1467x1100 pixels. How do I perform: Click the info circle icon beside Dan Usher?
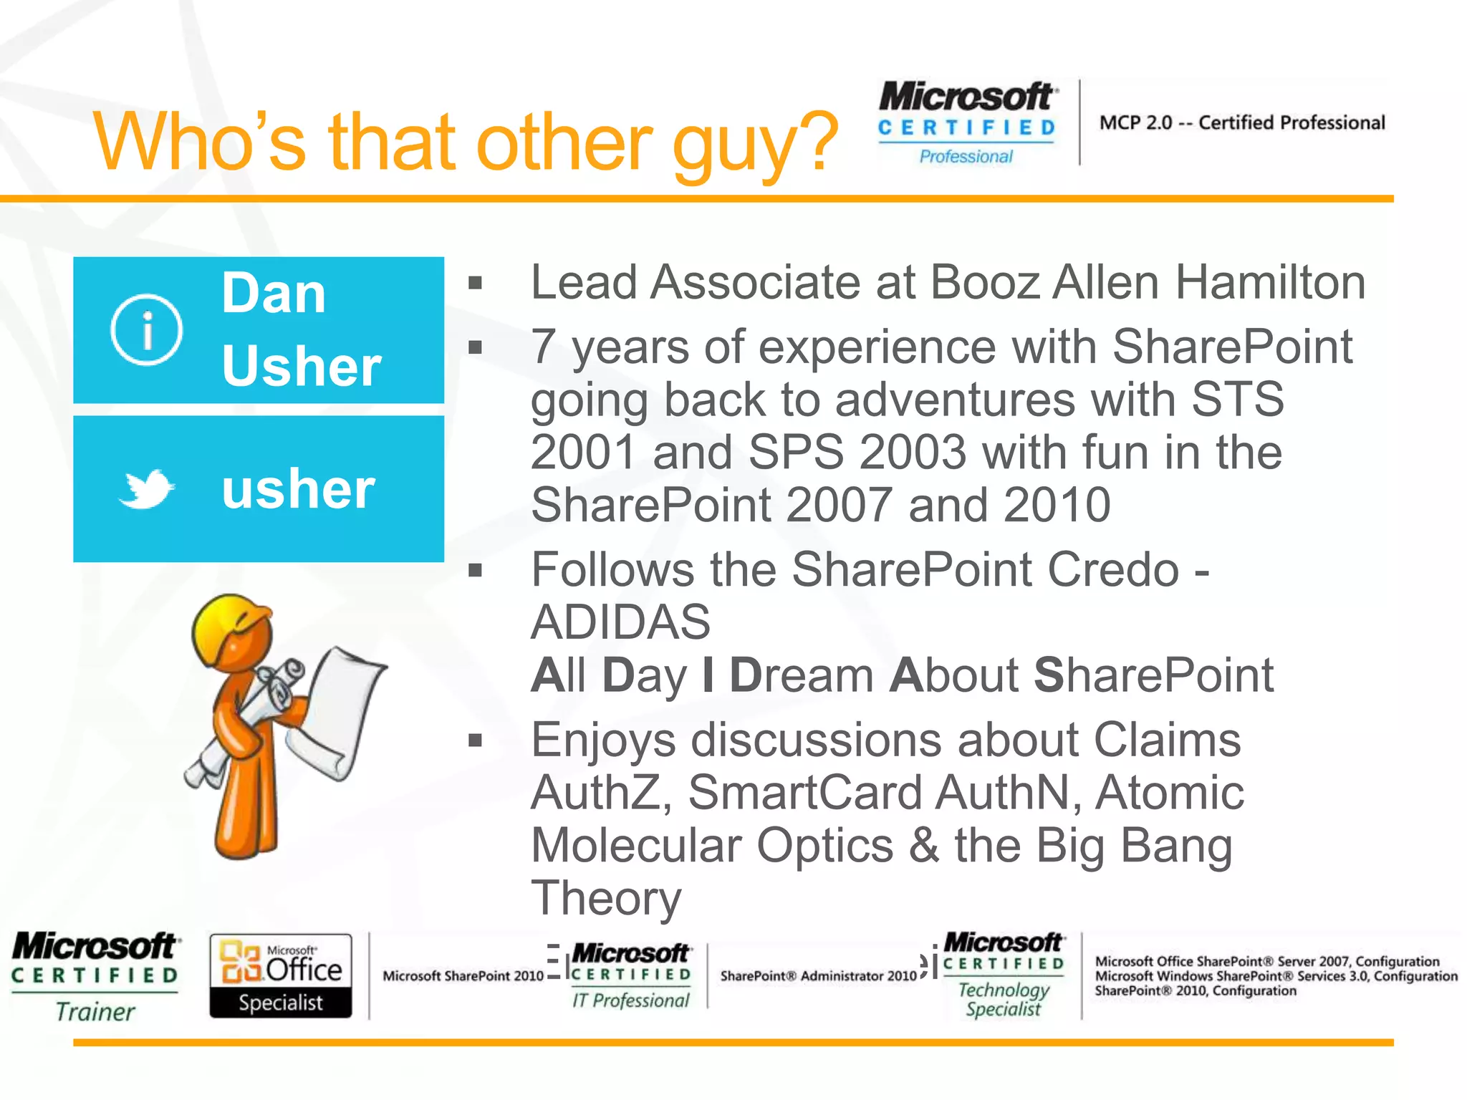pyautogui.click(x=146, y=330)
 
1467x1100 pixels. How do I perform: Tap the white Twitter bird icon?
pyautogui.click(x=147, y=489)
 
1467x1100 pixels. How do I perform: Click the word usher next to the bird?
pyautogui.click(x=298, y=489)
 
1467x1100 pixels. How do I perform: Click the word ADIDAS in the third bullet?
pyautogui.click(x=620, y=622)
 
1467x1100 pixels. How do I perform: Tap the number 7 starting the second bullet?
pyautogui.click(x=544, y=347)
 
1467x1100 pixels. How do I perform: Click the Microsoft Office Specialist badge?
pyautogui.click(x=281, y=975)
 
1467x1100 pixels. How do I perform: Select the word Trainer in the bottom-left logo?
pyautogui.click(x=95, y=1012)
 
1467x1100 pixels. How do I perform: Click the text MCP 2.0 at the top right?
pyautogui.click(x=1135, y=123)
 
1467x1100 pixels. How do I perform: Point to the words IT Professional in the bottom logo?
pyautogui.click(x=630, y=1000)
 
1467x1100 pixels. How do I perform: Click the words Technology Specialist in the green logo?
pyautogui.click(x=1003, y=1000)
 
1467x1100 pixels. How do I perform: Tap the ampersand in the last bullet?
pyautogui.click(x=924, y=846)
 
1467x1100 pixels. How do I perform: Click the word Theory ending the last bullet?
pyautogui.click(x=606, y=899)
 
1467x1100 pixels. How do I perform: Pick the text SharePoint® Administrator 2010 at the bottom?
pyautogui.click(x=818, y=976)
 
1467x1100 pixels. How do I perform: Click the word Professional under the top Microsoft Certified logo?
pyautogui.click(x=966, y=157)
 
